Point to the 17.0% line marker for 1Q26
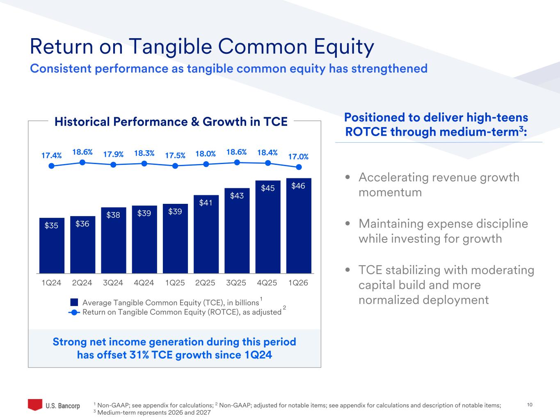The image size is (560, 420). click(299, 167)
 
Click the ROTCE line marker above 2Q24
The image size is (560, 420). click(82, 162)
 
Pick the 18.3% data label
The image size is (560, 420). click(144, 153)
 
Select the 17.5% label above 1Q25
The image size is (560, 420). click(175, 155)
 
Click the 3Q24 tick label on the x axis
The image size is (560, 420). click(113, 283)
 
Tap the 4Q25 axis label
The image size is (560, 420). click(267, 283)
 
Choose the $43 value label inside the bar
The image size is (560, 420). click(237, 196)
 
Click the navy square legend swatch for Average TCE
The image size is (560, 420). click(74, 302)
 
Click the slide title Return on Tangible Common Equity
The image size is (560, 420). click(202, 47)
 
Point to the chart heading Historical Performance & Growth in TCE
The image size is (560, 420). click(171, 122)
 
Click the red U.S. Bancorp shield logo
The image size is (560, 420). click(35, 404)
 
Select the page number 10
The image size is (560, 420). click(530, 405)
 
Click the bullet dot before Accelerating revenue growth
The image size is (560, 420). click(348, 178)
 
